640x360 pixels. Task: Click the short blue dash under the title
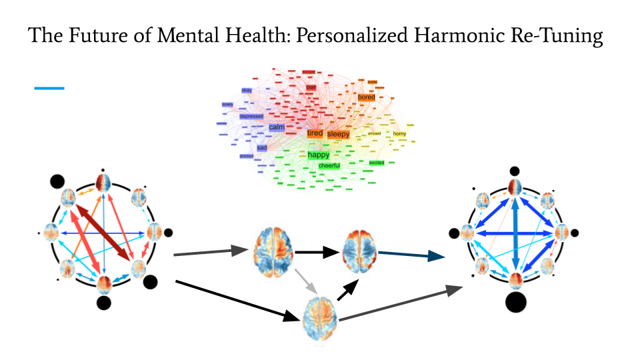[49, 87]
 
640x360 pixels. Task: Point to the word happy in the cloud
[319, 155]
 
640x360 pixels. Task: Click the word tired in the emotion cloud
[315, 133]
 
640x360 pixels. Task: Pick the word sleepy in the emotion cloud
[338, 134]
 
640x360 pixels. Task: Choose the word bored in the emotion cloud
[367, 97]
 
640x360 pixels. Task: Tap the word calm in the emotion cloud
[277, 127]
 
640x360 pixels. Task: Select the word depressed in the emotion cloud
[251, 116]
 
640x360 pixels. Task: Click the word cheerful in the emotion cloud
[329, 165]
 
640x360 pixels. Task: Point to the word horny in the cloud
[399, 134]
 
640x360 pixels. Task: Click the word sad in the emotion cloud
[262, 147]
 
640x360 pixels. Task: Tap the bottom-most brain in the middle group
[320, 319]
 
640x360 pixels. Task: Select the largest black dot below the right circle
[515, 301]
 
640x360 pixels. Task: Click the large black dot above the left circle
[57, 180]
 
